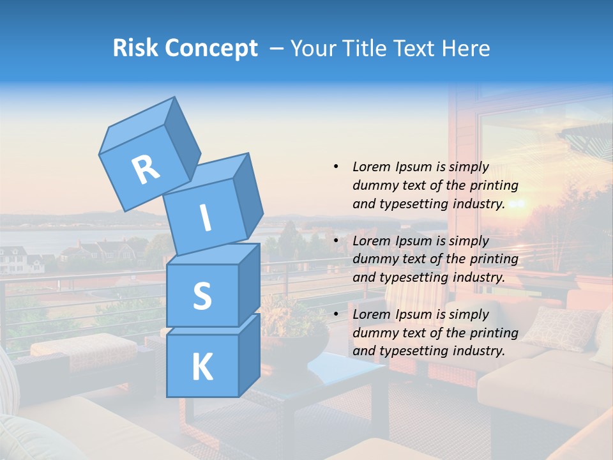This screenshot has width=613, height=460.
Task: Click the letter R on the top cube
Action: coord(146,169)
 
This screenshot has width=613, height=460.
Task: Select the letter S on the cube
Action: coord(202,296)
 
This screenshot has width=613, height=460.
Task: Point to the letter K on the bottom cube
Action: coord(202,367)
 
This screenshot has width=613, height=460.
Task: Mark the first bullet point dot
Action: coord(336,167)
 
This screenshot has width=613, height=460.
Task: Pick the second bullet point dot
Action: coord(336,241)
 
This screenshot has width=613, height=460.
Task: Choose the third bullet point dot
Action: coord(336,314)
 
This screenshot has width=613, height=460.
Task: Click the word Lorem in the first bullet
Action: coord(370,167)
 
